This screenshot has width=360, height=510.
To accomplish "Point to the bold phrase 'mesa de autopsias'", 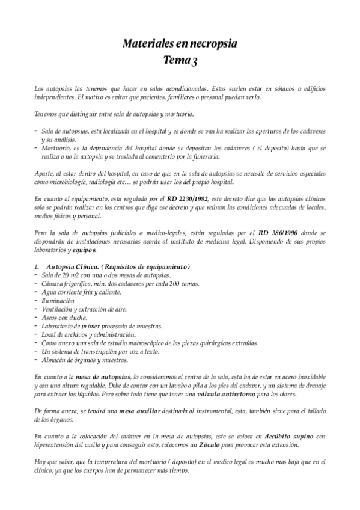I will [99, 376].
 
